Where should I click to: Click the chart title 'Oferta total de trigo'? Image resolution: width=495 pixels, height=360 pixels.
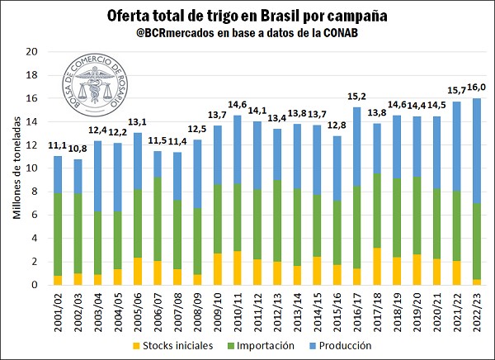point(247,16)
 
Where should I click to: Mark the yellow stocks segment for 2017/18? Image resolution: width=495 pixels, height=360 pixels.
point(377,266)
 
